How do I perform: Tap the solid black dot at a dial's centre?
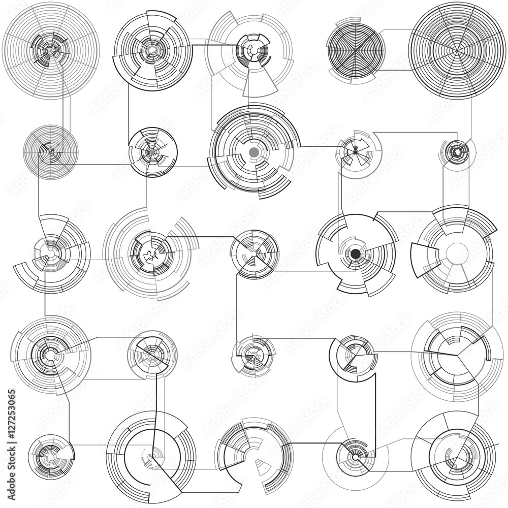pyautogui.click(x=356, y=253)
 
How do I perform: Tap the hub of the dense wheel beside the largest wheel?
pyautogui.click(x=356, y=49)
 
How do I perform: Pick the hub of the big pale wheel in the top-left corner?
pyautogui.click(x=50, y=49)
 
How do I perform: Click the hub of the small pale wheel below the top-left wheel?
pyautogui.click(x=51, y=151)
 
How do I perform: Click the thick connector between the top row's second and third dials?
pyautogui.click(x=208, y=45)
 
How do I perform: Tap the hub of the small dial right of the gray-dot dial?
pyautogui.click(x=356, y=151)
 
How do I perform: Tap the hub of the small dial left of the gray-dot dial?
pyautogui.click(x=152, y=151)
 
